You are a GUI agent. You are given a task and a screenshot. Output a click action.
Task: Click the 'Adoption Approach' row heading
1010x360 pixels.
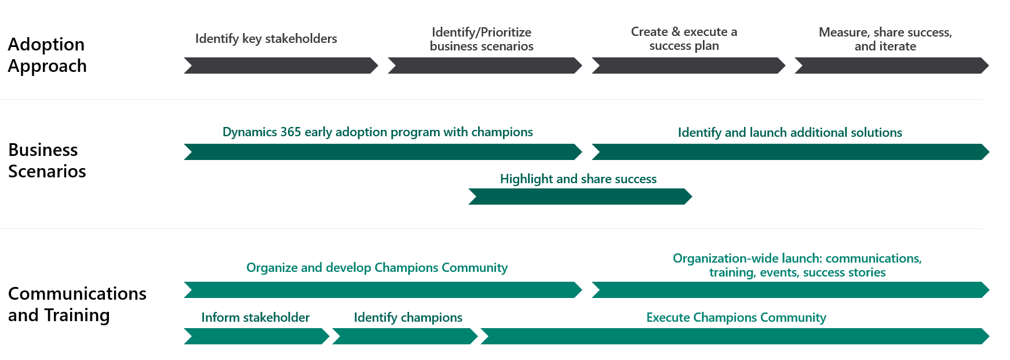48,55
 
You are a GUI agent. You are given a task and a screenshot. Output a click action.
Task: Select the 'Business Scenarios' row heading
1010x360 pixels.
47,161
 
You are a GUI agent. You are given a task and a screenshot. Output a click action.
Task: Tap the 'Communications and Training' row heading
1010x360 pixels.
77,304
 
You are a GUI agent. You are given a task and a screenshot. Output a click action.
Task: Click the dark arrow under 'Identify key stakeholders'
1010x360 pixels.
281,66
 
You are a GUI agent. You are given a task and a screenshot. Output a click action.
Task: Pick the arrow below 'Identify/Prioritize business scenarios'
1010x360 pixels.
485,66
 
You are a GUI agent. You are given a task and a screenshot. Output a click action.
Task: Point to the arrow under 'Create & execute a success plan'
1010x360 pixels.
688,66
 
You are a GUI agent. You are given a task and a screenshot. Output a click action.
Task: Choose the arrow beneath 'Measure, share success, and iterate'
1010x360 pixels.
892,66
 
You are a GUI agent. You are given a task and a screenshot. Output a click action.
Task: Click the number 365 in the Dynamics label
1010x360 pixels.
290,132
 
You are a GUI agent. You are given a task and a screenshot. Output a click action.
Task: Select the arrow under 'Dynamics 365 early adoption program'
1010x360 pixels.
383,152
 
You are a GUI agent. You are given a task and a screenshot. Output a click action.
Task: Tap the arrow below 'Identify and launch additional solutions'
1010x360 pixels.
790,152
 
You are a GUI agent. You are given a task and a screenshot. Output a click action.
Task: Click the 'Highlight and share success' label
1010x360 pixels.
578,179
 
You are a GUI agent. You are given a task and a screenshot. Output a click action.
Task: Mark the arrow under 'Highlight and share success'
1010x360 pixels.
580,197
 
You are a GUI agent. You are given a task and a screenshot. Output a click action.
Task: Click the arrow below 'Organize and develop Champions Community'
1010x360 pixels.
383,290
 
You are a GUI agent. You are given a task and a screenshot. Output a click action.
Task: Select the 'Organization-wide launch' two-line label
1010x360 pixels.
797,266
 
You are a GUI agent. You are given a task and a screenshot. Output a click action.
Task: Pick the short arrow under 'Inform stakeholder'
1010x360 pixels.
257,336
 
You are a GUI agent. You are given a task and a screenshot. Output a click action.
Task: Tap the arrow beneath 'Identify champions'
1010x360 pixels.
405,336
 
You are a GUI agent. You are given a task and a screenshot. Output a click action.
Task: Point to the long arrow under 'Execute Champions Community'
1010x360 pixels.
735,336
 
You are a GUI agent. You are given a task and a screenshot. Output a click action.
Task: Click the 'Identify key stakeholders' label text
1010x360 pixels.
266,39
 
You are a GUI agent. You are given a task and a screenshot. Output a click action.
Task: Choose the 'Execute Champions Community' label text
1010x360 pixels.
736,318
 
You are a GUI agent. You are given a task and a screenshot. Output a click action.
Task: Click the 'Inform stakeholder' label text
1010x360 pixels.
256,318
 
